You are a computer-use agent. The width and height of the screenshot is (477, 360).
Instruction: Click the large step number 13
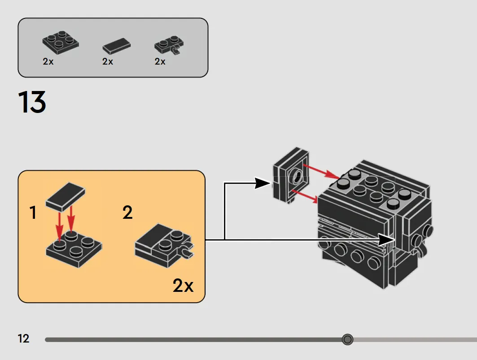coord(32,102)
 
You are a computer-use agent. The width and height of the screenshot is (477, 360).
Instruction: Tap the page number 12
coord(23,338)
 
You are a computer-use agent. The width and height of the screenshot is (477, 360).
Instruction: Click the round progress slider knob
coord(347,339)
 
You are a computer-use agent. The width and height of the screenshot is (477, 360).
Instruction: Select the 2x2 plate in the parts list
coord(61,43)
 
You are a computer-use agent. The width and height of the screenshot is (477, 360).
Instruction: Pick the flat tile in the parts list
coord(117,46)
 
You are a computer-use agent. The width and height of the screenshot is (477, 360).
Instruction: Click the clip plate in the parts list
coord(169,45)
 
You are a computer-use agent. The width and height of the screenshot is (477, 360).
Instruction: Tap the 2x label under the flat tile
coord(108,61)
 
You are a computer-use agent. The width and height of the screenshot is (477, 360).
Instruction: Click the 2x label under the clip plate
coord(160,61)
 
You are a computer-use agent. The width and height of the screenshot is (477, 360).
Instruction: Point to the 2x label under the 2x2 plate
coord(48,61)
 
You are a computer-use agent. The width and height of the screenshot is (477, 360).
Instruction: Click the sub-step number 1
coord(33,212)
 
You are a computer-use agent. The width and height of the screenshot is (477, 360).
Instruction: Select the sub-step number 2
coord(127,212)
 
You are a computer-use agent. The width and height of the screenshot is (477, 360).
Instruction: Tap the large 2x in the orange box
coord(183,285)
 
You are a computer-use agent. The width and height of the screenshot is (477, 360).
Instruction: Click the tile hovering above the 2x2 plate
coord(66,197)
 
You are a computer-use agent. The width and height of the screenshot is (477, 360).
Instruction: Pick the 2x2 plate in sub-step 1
coord(74,248)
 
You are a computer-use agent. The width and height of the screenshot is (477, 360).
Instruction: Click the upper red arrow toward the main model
coord(322,172)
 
